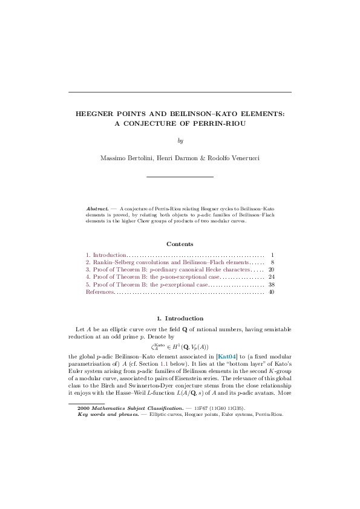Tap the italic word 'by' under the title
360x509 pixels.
[x=180, y=141]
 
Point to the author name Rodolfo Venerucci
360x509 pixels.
[x=234, y=158]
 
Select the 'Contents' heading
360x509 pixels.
[x=180, y=244]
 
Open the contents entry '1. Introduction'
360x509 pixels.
[x=106, y=255]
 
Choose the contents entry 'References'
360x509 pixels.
[x=100, y=291]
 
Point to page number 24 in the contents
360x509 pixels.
[x=271, y=277]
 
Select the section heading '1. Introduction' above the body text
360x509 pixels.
[x=180, y=318]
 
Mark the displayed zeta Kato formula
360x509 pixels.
[x=180, y=347]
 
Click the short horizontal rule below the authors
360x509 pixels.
[x=180, y=177]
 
